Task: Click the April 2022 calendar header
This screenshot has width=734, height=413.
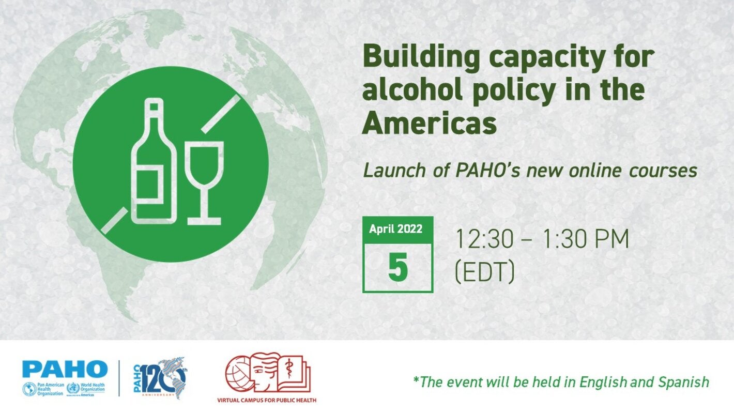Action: click(x=396, y=228)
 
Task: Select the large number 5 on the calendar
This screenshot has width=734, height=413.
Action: click(x=397, y=268)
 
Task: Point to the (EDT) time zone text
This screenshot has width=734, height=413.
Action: click(x=484, y=272)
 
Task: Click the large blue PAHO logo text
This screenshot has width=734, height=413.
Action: click(x=65, y=369)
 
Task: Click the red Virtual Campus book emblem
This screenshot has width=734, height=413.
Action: click(x=268, y=374)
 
